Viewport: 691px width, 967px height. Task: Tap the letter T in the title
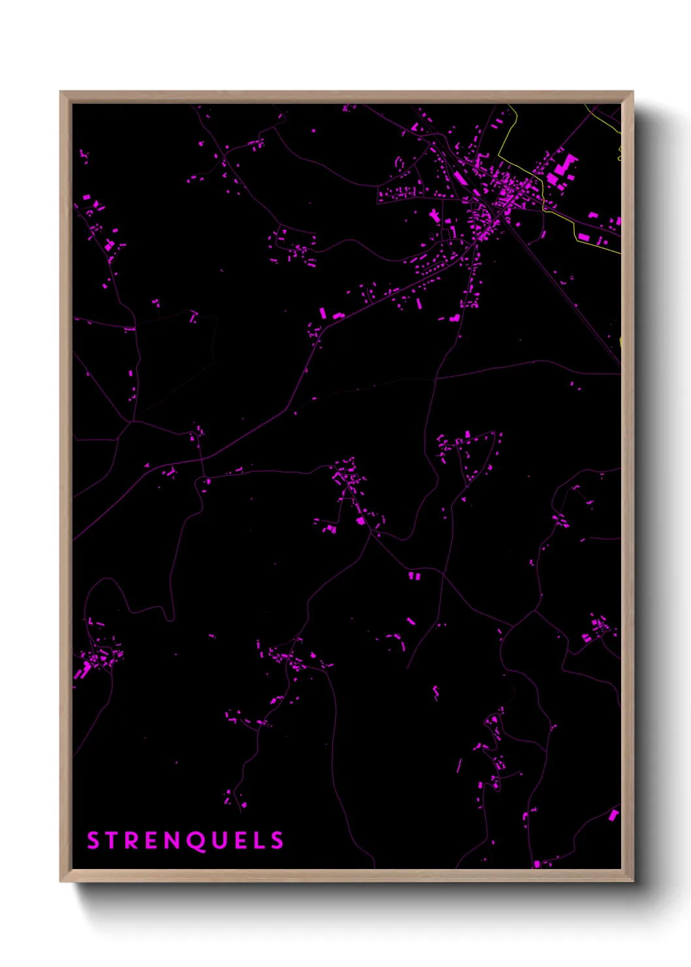(x=113, y=840)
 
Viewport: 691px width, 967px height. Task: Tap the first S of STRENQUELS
(x=93, y=840)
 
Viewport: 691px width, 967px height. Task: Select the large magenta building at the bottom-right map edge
(x=613, y=815)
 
